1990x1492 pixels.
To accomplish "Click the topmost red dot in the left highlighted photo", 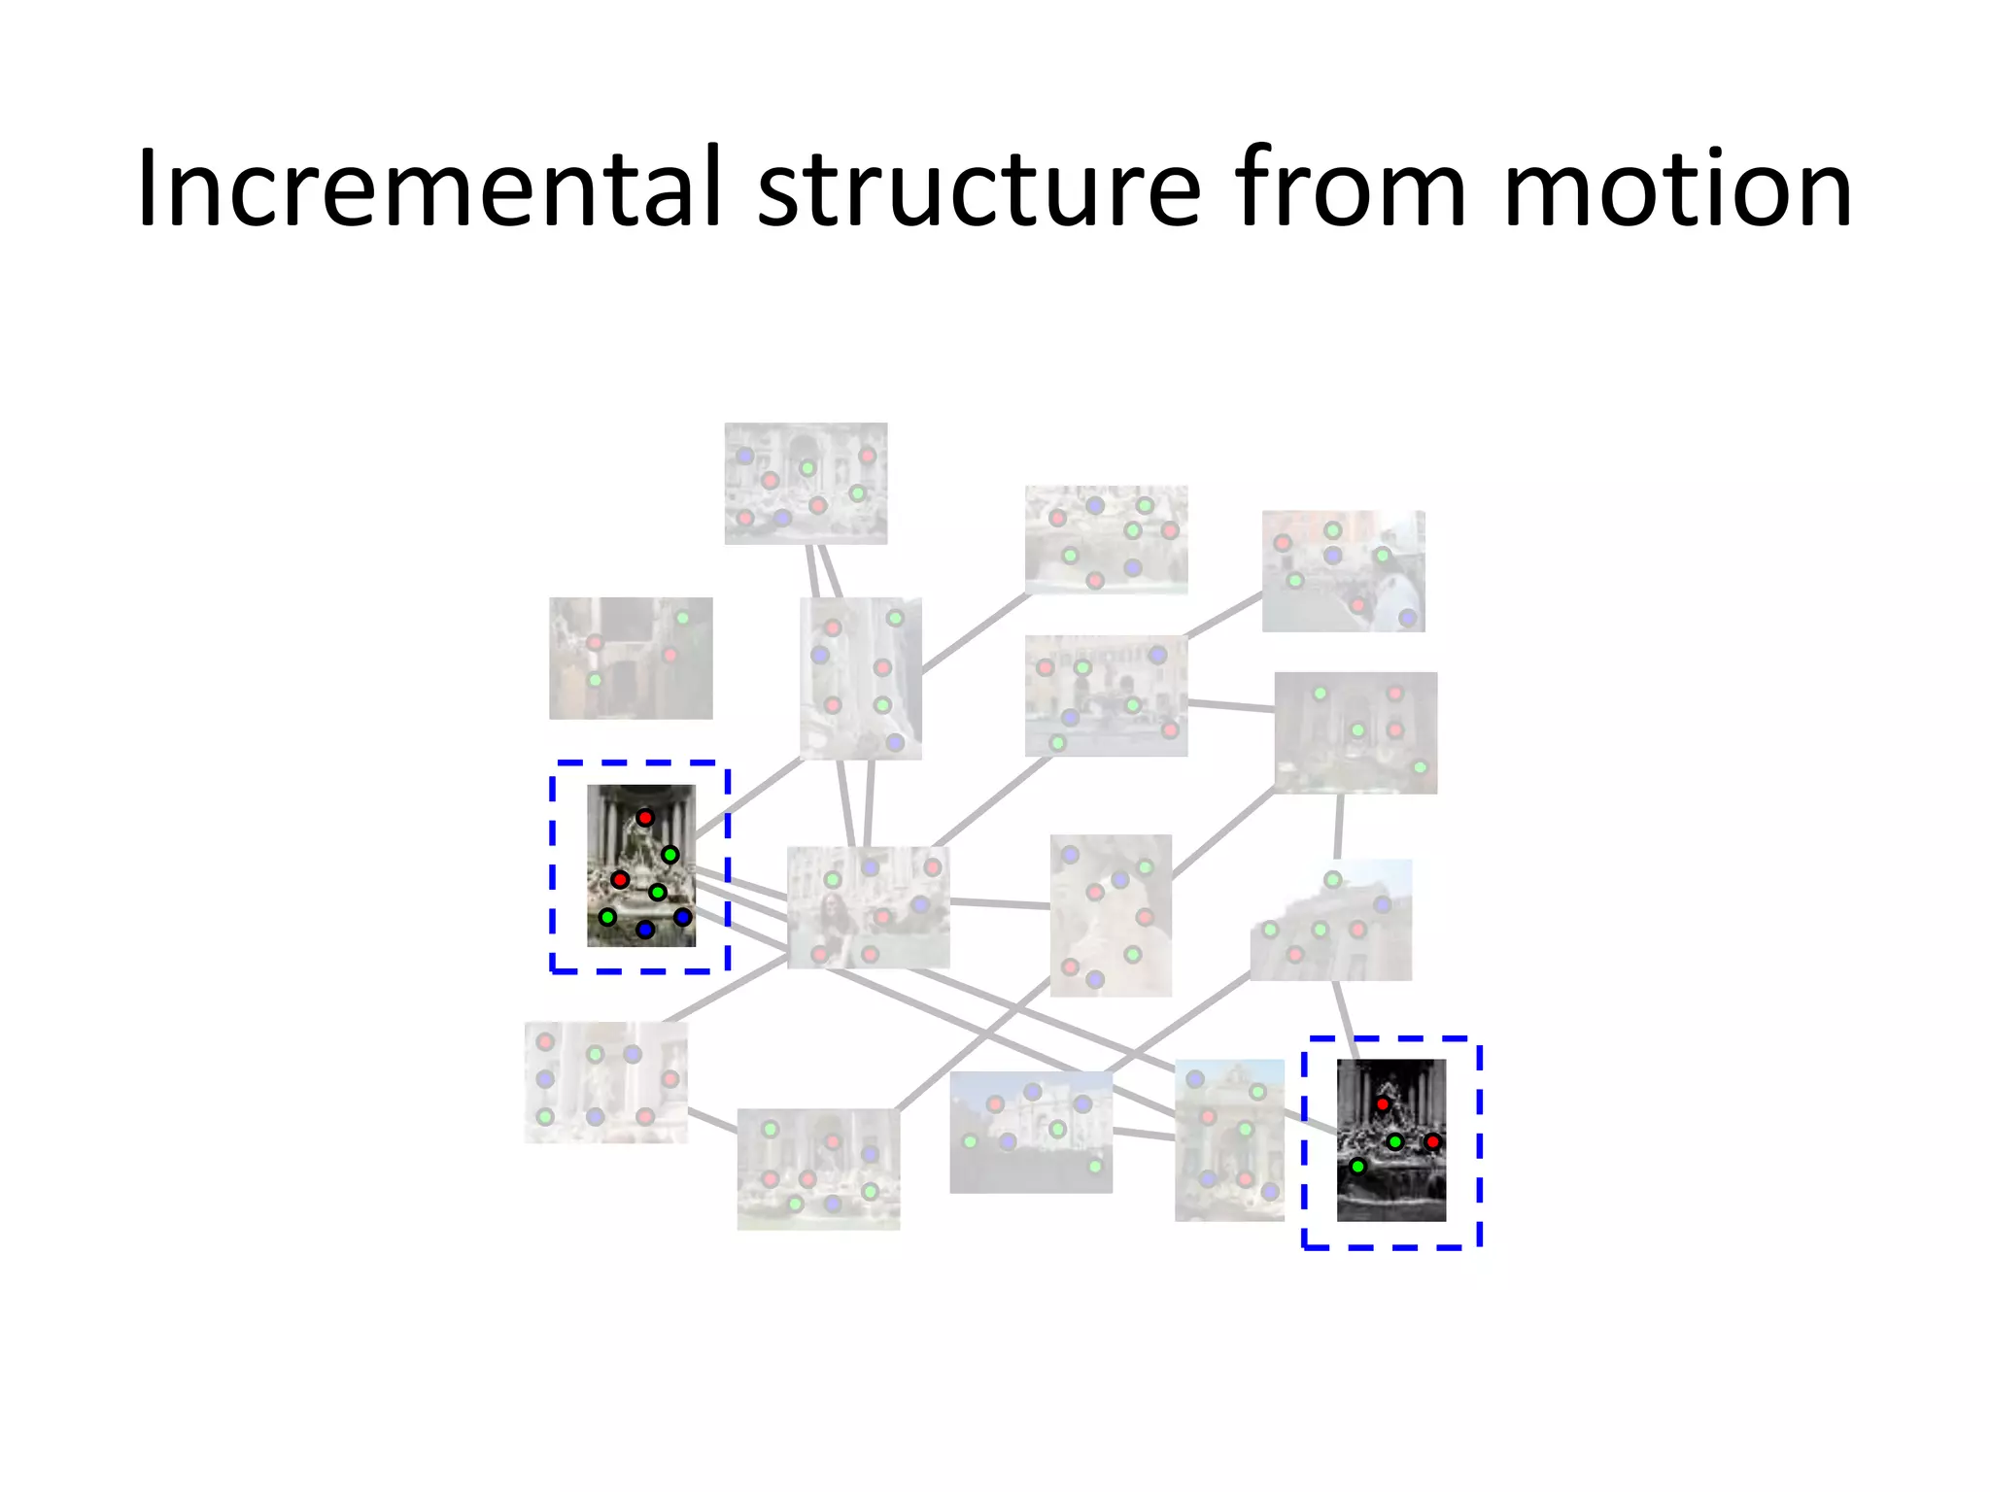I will (x=645, y=818).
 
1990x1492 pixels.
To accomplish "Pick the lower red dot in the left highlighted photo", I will (x=620, y=880).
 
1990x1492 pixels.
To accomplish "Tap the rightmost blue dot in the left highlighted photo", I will (x=682, y=917).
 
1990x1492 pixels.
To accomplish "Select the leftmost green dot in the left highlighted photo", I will (x=607, y=917).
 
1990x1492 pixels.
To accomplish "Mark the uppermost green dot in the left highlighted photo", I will (x=669, y=855).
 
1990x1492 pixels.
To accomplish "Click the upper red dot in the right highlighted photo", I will (x=1382, y=1104).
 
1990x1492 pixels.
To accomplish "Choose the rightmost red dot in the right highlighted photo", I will (x=1432, y=1141).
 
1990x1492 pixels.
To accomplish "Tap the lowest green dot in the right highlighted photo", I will (x=1357, y=1166).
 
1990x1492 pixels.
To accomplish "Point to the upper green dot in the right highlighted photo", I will (x=1394, y=1141).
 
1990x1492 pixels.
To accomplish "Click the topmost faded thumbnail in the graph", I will (x=806, y=483).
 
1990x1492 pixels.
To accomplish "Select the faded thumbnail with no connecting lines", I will (x=631, y=658).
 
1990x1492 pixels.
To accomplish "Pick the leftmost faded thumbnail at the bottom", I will (x=605, y=1082).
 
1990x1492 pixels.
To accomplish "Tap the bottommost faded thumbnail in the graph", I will (x=818, y=1169).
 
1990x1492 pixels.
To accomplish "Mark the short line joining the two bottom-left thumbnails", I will (x=712, y=1121).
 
